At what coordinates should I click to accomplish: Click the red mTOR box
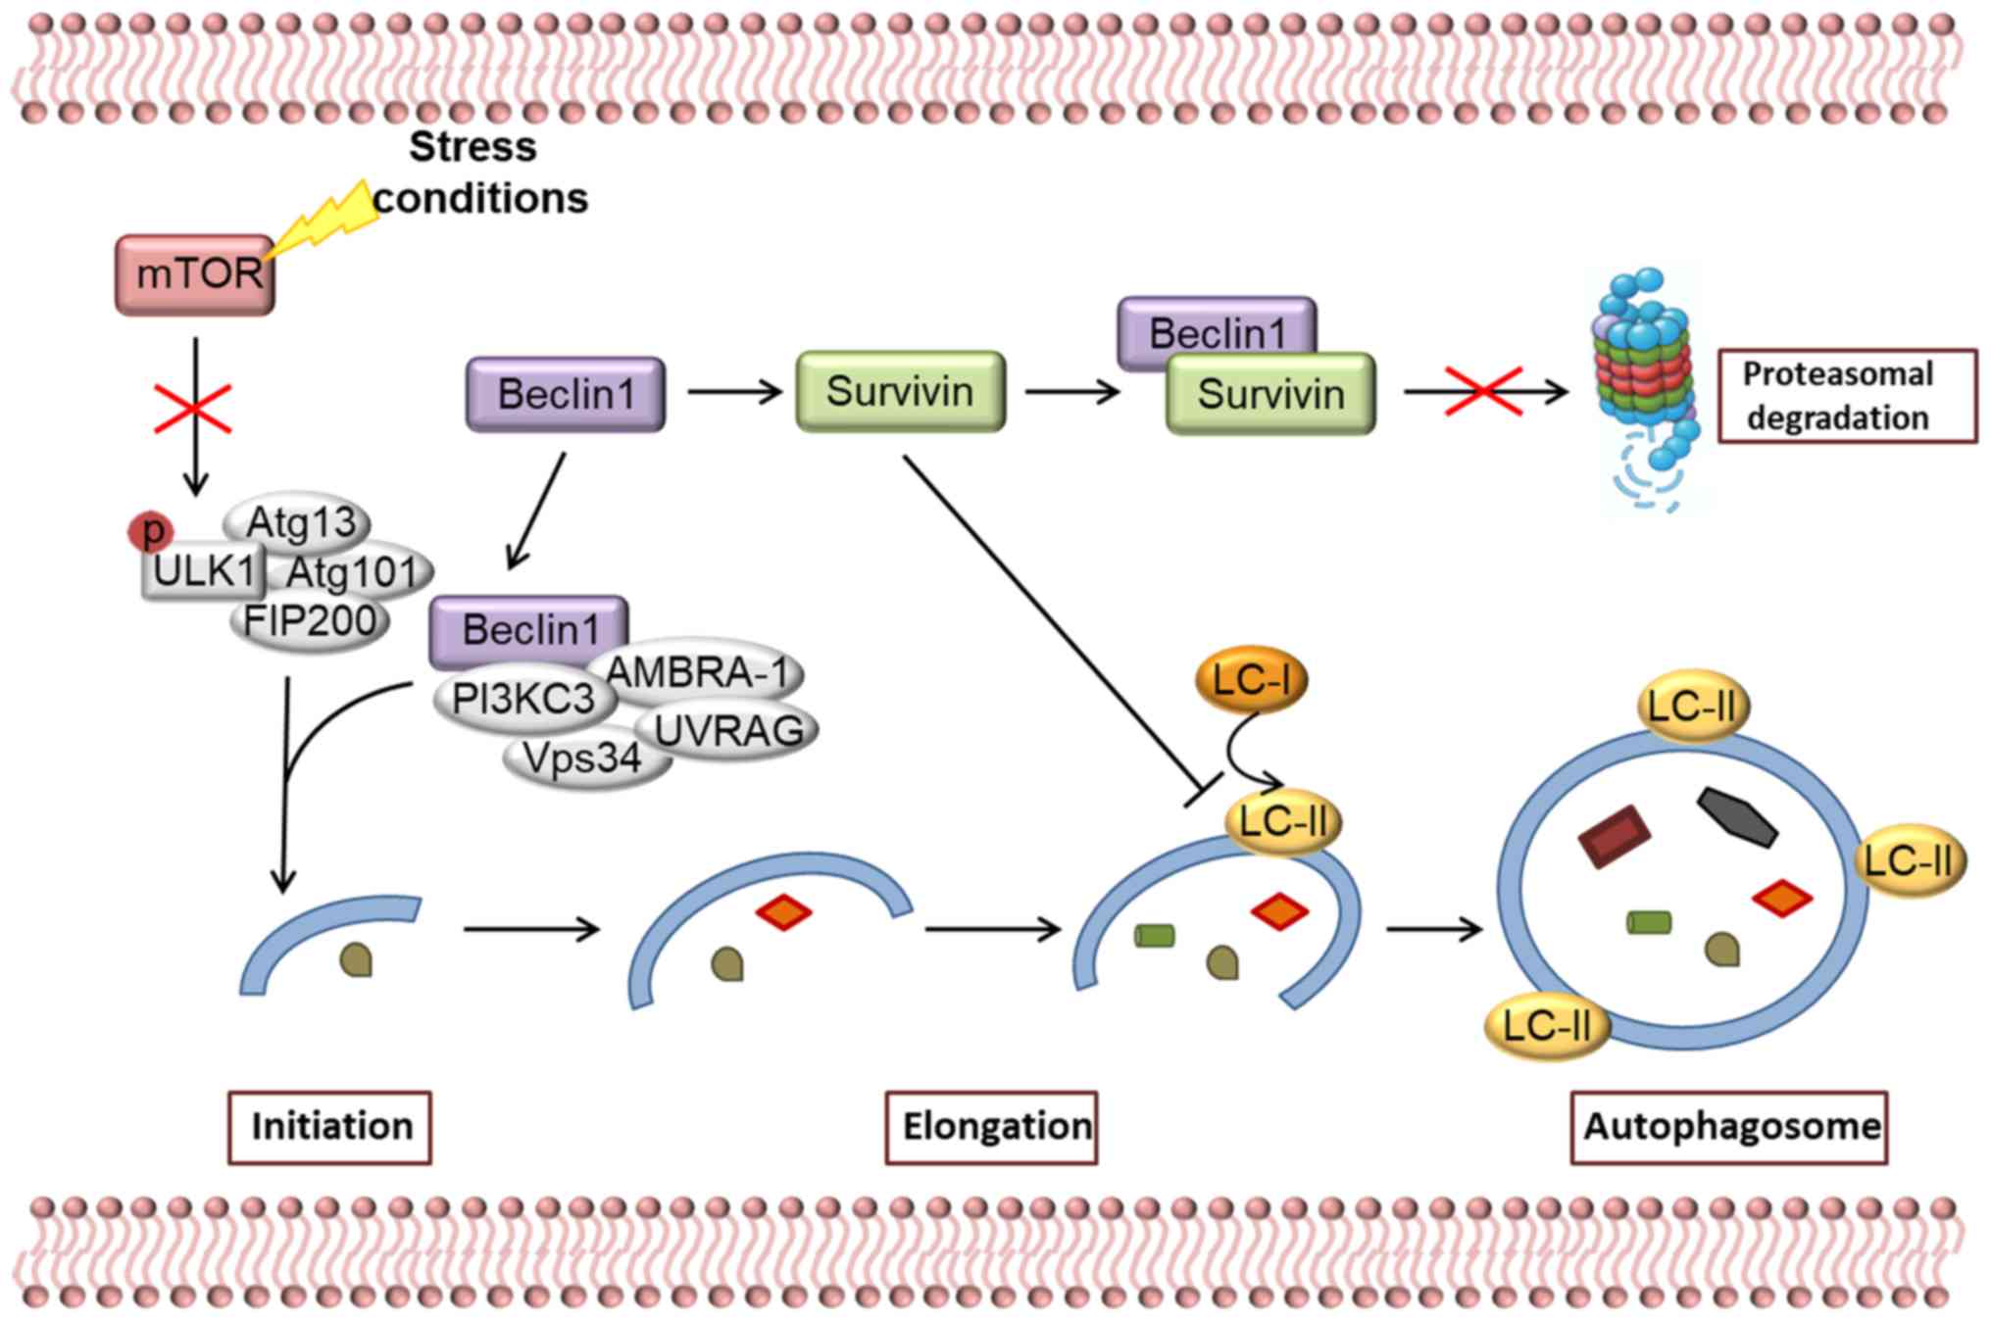[x=195, y=274]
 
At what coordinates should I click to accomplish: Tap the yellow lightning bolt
[x=324, y=220]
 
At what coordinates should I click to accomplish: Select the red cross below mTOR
[x=193, y=409]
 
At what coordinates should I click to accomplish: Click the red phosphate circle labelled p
[x=151, y=531]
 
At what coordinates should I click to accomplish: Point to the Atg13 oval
[x=298, y=521]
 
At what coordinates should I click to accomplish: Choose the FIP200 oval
[x=310, y=621]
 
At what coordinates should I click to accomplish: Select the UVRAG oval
[x=728, y=731]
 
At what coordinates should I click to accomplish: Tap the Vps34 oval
[x=583, y=758]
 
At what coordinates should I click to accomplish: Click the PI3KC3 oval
[x=523, y=699]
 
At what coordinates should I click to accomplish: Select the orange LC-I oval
[x=1252, y=679]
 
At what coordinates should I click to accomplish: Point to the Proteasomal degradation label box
[x=1847, y=396]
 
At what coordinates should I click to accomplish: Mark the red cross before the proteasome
[x=1484, y=392]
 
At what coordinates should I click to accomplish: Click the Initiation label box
[x=330, y=1127]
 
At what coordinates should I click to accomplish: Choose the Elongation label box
[x=991, y=1127]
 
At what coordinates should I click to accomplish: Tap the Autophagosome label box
[x=1729, y=1127]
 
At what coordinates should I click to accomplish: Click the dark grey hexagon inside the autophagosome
[x=1737, y=815]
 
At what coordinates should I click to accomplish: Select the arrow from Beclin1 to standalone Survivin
[x=734, y=392]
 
